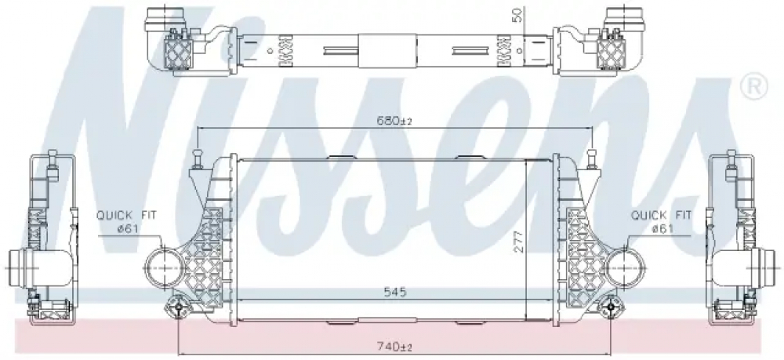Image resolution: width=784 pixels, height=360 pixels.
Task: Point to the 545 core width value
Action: coord(395,292)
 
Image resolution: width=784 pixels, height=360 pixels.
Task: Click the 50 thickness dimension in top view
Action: coord(518,16)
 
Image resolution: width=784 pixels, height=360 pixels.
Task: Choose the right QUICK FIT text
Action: coord(661,216)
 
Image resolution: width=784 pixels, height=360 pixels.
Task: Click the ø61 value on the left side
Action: coord(127,228)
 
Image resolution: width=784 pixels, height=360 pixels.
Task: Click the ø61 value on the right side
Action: coord(662,228)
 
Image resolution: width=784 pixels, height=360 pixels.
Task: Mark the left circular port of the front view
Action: coord(163,268)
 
